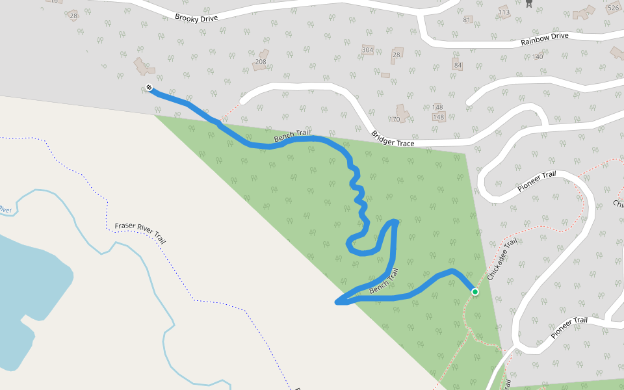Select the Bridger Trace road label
coord(393,139)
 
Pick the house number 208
coord(261,62)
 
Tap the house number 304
coord(367,50)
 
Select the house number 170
coord(394,120)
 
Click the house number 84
coord(458,66)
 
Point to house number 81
coord(467,20)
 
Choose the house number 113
coord(504,12)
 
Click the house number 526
coord(613,8)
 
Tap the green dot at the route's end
coord(475,292)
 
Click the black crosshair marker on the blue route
coord(149,88)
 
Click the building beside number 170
coord(403,113)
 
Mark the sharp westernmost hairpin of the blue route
coord(337,302)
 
